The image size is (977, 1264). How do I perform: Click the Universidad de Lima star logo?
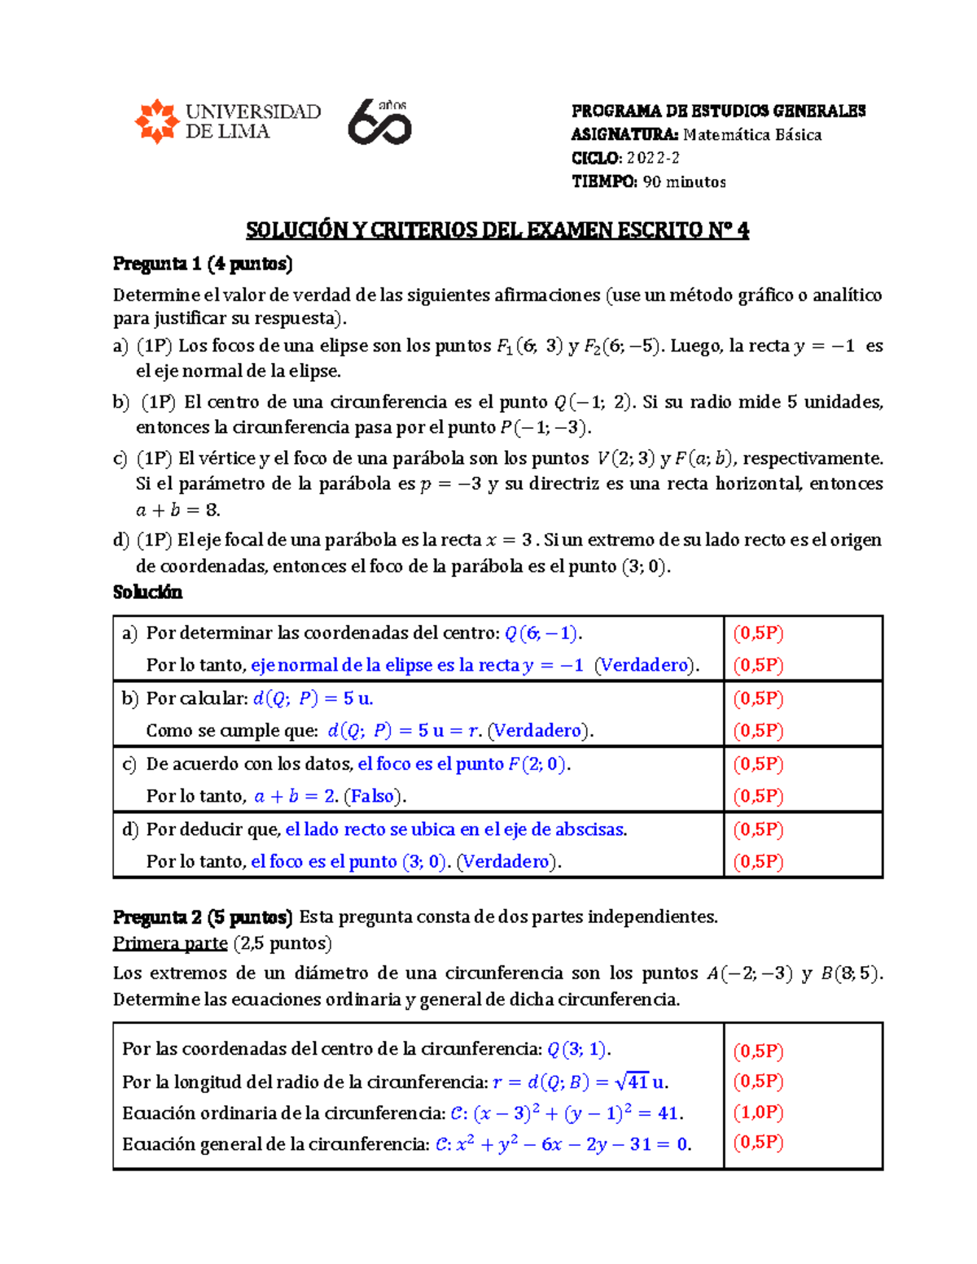click(156, 122)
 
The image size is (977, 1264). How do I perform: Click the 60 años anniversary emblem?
click(379, 122)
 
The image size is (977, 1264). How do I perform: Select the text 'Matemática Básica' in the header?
click(751, 135)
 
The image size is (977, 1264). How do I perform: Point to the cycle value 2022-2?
click(653, 158)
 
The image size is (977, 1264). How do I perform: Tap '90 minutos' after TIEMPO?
click(684, 182)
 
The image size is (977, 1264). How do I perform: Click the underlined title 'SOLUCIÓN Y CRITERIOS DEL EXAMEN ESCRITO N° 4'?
click(497, 230)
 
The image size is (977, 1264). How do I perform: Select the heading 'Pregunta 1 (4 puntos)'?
click(203, 264)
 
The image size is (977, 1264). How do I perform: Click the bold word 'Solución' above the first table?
click(147, 592)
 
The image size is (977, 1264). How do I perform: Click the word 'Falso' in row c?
click(372, 796)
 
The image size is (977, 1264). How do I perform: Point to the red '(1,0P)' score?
click(758, 1112)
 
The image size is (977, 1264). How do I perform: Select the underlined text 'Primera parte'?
click(170, 943)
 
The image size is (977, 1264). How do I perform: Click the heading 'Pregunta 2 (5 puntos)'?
click(203, 917)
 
